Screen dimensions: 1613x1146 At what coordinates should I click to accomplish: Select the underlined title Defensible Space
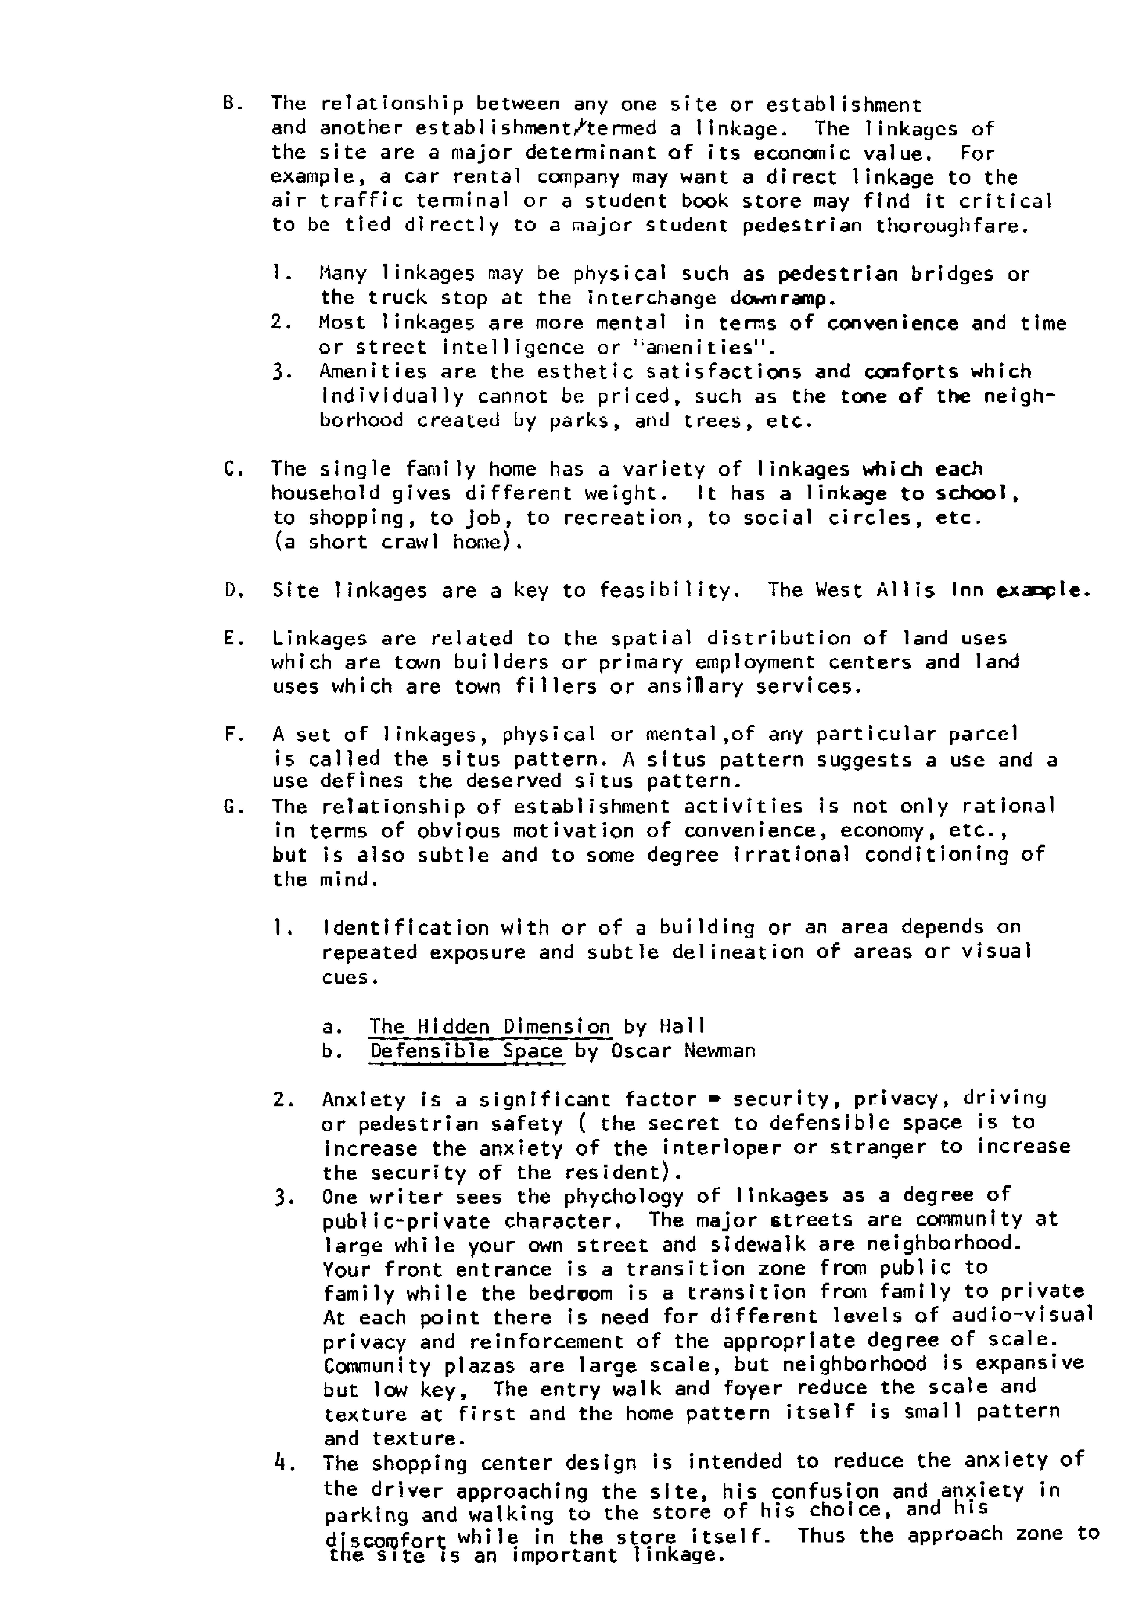tap(466, 1051)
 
